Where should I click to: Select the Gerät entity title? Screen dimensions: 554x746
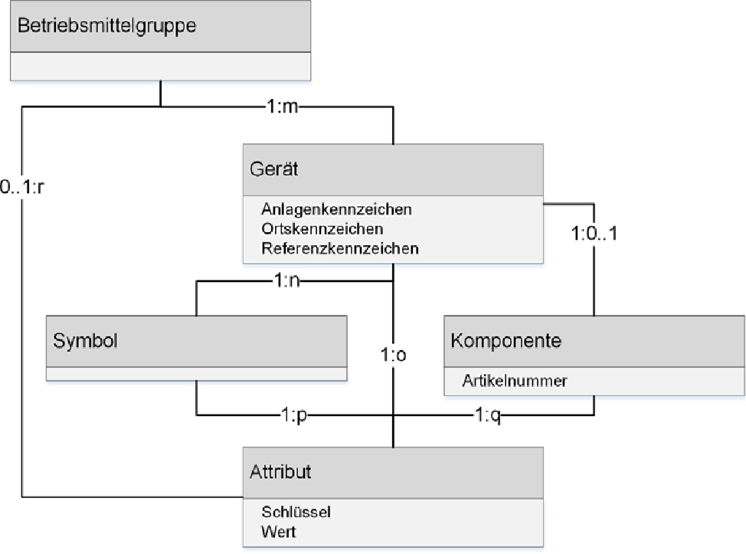(274, 169)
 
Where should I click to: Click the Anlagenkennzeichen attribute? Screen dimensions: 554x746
(337, 208)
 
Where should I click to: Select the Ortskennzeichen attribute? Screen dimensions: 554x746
(322, 228)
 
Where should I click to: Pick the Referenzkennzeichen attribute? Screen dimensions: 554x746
(340, 248)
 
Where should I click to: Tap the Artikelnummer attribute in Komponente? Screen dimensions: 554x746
(515, 380)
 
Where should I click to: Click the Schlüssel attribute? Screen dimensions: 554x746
(296, 511)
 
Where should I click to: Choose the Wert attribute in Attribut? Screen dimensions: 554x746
(278, 531)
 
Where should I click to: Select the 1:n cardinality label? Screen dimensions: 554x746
(286, 281)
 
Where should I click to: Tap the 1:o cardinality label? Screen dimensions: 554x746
(393, 356)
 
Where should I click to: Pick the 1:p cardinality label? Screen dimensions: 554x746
(294, 415)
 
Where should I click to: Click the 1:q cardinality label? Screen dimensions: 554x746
(488, 415)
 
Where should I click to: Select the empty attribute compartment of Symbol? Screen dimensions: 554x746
(196, 374)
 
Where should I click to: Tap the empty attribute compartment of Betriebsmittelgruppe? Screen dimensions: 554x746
(160, 66)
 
